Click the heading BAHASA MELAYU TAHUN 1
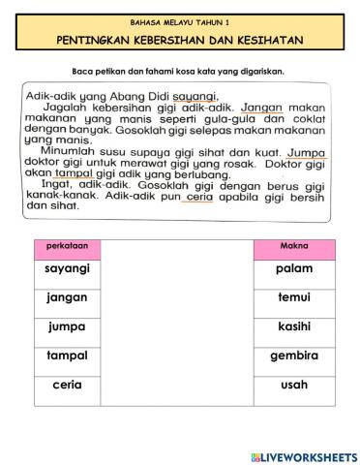click(x=179, y=20)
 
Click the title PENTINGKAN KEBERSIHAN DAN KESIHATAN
click(x=179, y=40)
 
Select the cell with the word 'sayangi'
click(x=67, y=268)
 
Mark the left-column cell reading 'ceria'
click(x=67, y=385)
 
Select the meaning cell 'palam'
click(x=292, y=268)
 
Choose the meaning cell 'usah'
click(x=292, y=385)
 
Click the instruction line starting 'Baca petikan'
click(x=179, y=71)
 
